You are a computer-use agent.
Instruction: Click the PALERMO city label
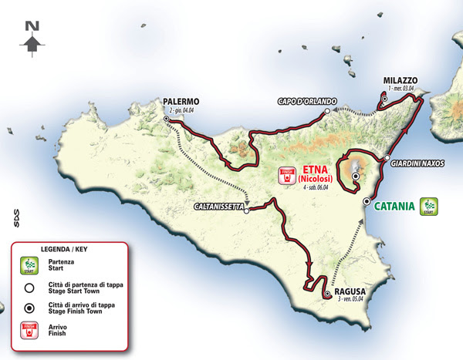182,102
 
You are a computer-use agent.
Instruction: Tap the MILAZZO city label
399,80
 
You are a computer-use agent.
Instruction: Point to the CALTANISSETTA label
218,207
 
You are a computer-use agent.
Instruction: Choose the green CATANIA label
396,206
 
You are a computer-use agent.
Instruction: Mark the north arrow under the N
32,45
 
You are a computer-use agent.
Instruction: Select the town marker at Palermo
167,119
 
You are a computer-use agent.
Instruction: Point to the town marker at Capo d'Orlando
327,112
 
